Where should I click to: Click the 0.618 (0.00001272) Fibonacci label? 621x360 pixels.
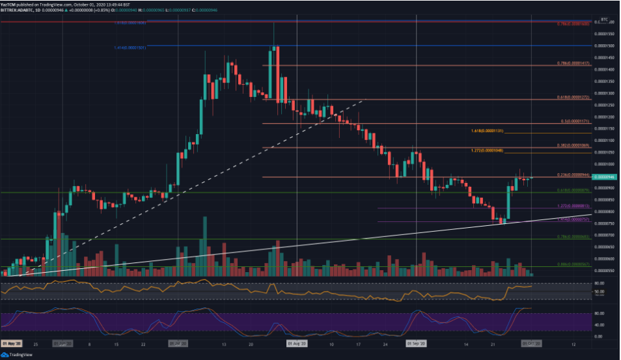573,96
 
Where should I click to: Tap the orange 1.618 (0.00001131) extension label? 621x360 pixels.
487,130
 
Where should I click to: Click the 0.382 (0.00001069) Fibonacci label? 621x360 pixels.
573,145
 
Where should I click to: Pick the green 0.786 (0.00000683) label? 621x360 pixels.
573,236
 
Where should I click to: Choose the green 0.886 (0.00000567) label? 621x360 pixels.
573,264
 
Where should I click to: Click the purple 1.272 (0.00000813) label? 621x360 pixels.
573,206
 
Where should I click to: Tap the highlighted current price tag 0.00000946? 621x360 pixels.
606,176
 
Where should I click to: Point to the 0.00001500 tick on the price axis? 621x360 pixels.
606,46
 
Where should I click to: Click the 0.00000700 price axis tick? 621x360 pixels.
606,235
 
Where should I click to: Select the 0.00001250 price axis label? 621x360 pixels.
606,105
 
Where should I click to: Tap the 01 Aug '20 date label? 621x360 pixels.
297,340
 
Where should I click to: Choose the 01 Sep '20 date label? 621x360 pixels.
416,340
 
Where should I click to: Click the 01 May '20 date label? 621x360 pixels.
11,340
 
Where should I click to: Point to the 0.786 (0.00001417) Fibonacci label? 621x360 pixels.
573,63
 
